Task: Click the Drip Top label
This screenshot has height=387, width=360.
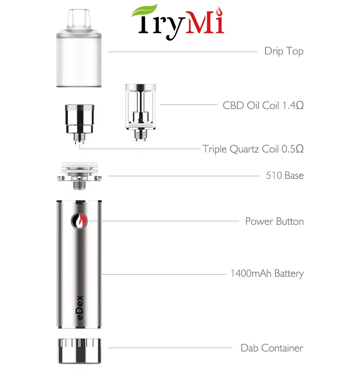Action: [x=284, y=51]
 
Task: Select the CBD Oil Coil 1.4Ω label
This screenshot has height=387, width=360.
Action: [x=263, y=105]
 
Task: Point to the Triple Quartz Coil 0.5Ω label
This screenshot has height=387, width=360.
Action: [x=253, y=149]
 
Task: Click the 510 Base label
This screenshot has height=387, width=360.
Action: [x=284, y=176]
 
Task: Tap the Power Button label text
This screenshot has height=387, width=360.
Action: [x=274, y=221]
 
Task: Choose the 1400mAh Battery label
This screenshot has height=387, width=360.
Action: [x=267, y=274]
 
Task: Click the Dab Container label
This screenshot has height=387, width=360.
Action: [x=271, y=348]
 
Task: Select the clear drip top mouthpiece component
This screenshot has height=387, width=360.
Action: [x=79, y=48]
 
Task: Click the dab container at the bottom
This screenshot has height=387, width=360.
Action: [x=79, y=350]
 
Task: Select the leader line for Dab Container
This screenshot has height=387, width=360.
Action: [x=170, y=348]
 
